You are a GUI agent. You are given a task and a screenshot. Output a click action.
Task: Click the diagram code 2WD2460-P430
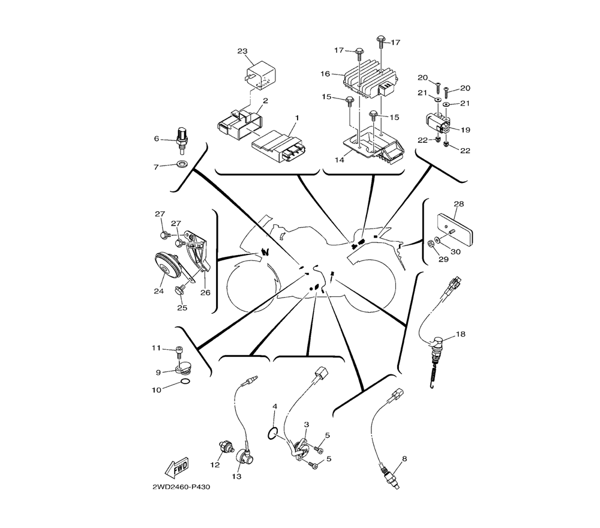click(181, 487)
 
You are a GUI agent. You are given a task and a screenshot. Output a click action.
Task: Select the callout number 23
click(242, 51)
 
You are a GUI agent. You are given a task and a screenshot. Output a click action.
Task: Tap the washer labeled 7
click(181, 164)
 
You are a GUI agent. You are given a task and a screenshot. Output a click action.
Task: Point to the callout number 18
click(461, 334)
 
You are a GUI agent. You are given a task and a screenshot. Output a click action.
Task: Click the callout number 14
click(340, 160)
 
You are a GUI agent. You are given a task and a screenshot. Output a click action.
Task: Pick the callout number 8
click(404, 459)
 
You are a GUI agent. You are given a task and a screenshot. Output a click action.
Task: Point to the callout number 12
click(215, 464)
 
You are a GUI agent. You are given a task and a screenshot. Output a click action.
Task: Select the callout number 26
click(205, 292)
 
